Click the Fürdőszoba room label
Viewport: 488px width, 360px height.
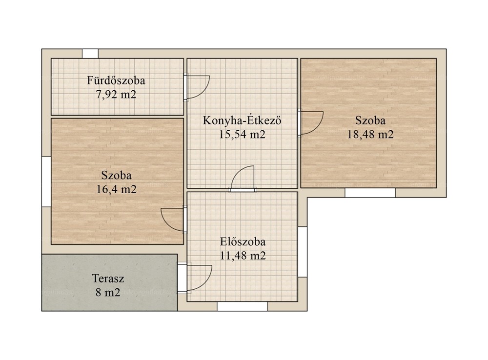click(116, 80)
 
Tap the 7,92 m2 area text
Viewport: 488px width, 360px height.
click(116, 94)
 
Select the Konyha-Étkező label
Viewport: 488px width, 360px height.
click(242, 120)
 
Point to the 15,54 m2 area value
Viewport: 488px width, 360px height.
click(242, 135)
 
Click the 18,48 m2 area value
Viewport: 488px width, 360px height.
click(370, 135)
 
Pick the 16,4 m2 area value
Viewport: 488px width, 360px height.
click(117, 189)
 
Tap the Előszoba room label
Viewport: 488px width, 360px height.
click(243, 242)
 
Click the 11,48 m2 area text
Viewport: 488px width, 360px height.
click(243, 256)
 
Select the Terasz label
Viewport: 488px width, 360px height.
click(108, 278)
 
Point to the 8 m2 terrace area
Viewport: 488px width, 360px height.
click(108, 292)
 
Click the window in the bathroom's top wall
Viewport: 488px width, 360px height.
click(90, 54)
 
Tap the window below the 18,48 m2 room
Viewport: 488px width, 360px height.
click(370, 193)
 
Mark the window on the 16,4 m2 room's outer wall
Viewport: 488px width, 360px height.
click(46, 182)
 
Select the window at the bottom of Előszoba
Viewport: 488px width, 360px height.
click(242, 306)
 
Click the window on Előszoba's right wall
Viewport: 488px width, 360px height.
click(303, 252)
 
